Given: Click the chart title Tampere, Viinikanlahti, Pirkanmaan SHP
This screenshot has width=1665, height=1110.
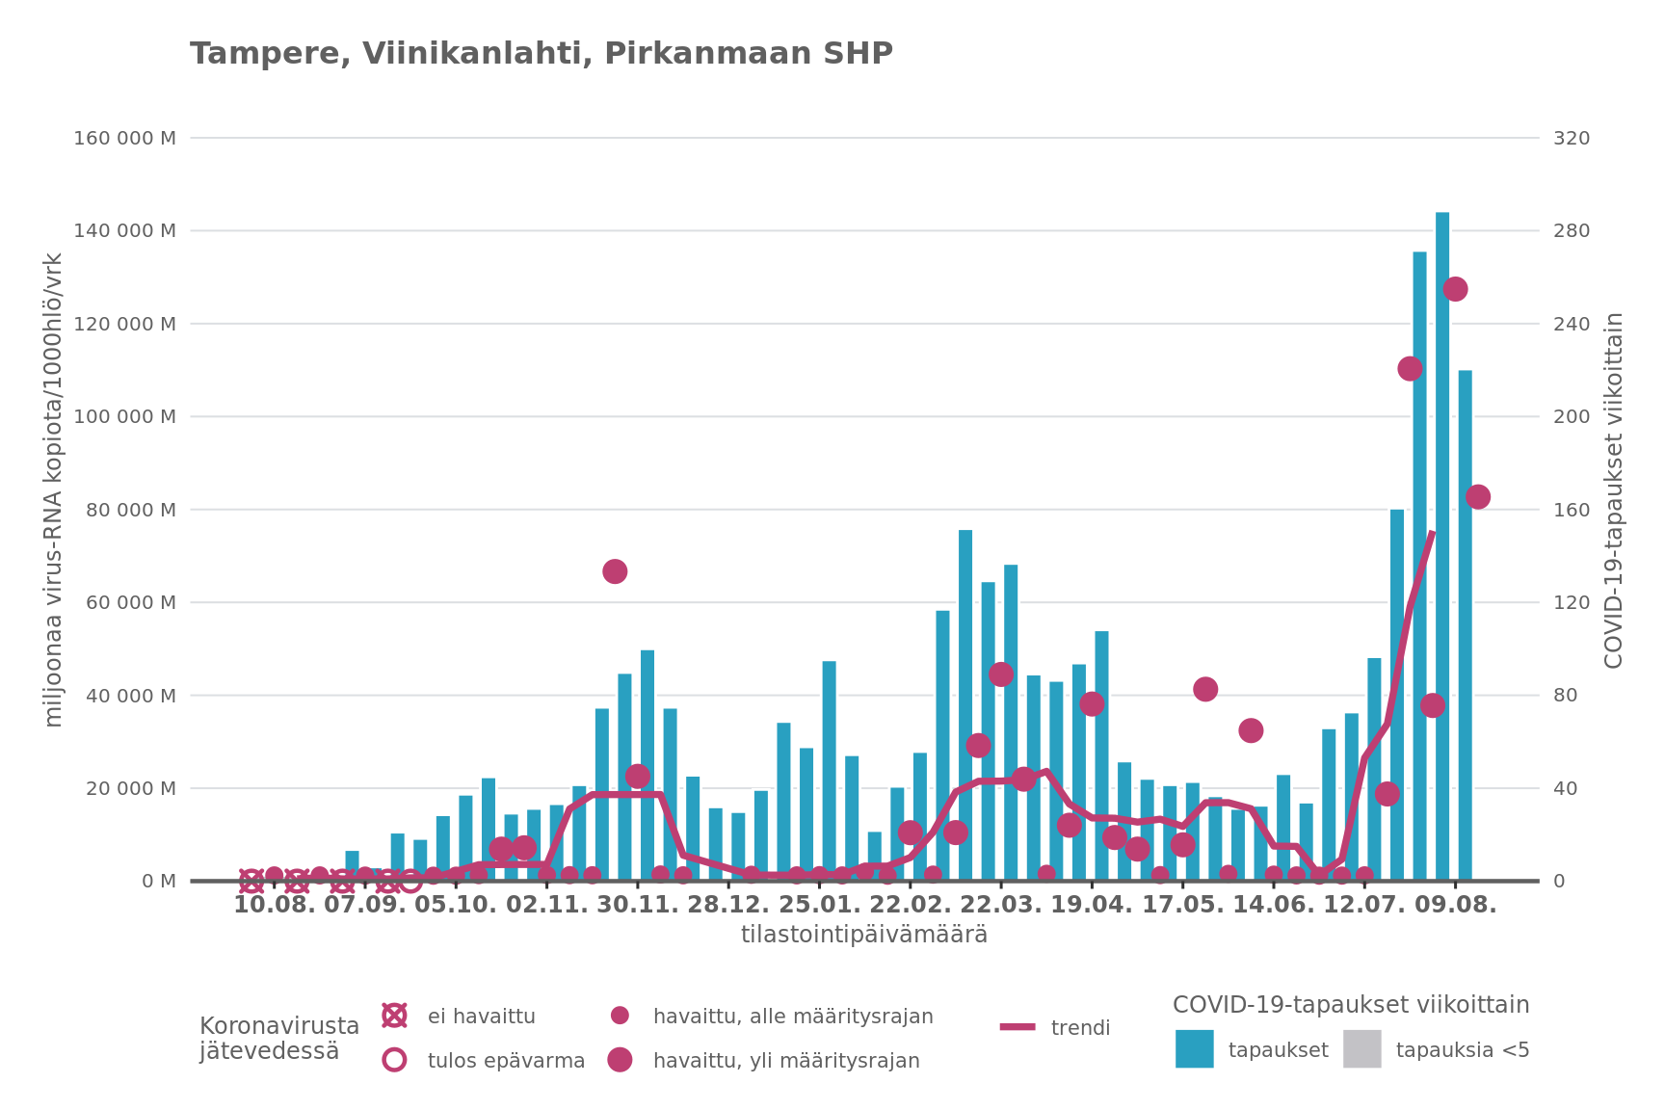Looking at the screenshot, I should click(541, 54).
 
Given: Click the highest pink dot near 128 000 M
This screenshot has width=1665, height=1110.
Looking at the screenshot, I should click(1455, 289).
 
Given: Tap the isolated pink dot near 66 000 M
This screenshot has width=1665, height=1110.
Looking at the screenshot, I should click(615, 571).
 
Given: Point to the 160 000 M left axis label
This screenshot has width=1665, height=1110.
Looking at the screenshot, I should click(124, 138).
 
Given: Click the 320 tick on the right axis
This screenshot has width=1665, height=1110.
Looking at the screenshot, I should click(1572, 138).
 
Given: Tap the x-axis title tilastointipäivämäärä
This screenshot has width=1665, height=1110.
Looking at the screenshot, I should click(863, 935).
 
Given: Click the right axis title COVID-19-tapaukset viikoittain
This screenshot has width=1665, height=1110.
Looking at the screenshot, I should click(1613, 490).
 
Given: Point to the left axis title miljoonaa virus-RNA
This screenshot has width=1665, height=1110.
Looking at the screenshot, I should click(54, 490).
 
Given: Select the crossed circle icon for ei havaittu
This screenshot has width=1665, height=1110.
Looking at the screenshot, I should click(394, 1016).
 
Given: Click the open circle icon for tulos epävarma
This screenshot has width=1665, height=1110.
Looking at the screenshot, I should click(394, 1060).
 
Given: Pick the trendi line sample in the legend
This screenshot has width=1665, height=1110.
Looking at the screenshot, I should click(1017, 1027).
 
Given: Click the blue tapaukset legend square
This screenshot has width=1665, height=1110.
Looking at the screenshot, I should click(1194, 1048).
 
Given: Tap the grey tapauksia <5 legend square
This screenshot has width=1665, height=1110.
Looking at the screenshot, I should click(1361, 1048).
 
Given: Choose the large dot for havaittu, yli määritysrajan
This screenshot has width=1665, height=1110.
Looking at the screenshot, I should click(620, 1060).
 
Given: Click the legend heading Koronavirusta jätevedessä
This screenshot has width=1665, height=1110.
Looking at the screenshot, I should click(278, 1039).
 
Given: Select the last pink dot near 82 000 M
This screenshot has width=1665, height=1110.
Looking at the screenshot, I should click(1477, 497).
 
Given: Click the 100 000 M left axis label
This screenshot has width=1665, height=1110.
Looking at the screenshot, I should click(124, 416).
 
